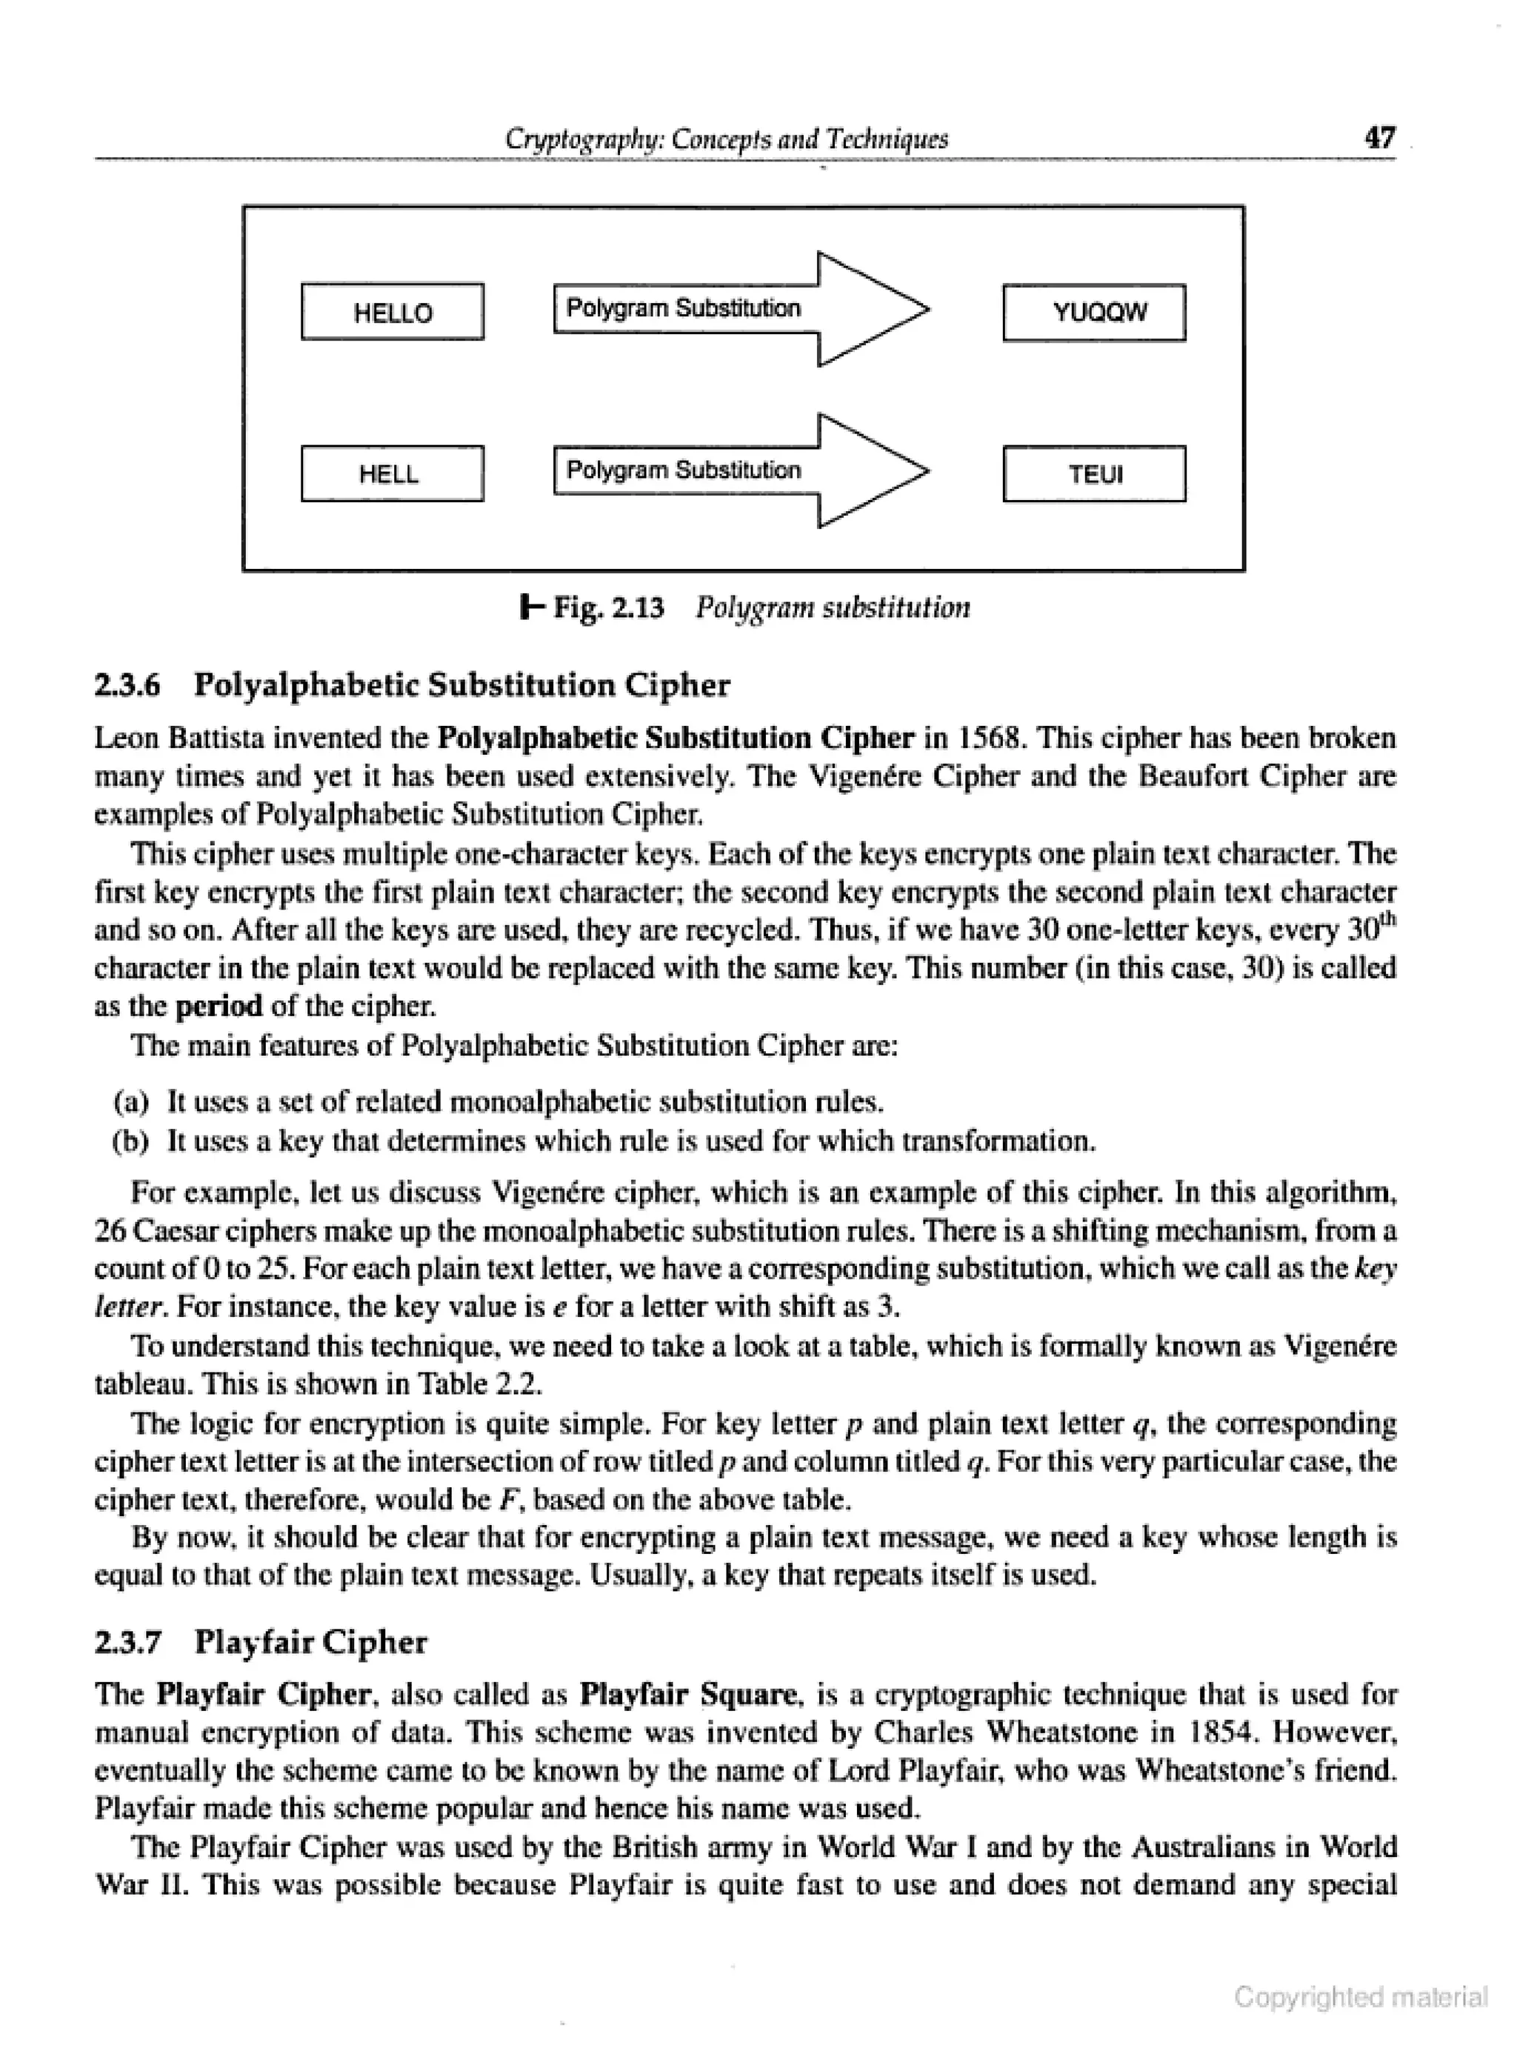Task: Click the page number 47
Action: [1379, 139]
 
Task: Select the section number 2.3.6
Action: [127, 685]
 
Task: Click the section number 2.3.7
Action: [127, 1642]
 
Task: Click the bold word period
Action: [219, 1007]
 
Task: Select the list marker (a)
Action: [130, 1101]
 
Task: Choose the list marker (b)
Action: [130, 1141]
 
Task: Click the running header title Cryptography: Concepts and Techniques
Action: [727, 139]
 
